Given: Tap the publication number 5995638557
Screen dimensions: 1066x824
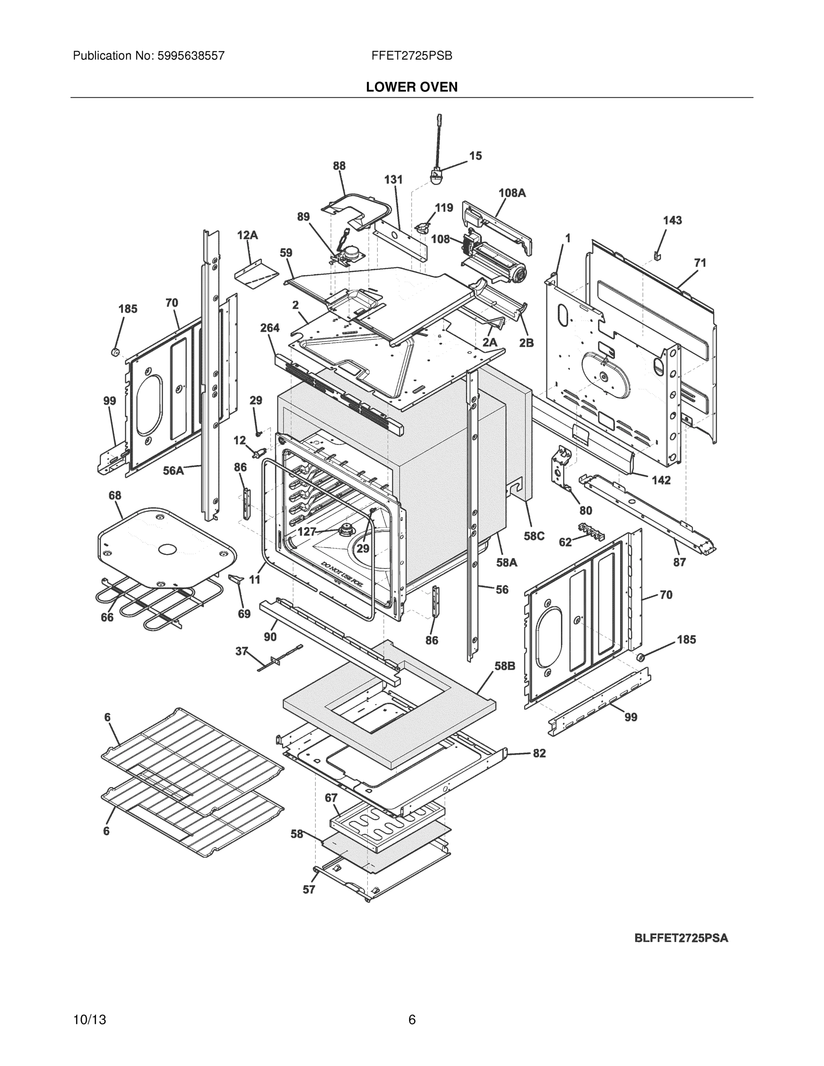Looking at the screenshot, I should pos(191,56).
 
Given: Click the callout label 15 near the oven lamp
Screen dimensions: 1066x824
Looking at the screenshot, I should pos(475,156).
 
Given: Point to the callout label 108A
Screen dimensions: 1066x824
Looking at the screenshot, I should pos(512,193).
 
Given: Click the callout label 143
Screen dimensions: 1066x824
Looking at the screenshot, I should pos(672,220).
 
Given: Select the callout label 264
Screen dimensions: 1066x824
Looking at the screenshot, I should pos(270,328).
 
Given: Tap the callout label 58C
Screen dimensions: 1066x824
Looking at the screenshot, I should pos(533,536).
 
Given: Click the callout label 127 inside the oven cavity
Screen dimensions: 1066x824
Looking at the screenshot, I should pos(307,532).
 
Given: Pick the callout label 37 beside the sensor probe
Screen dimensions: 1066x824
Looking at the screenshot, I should pos(241,651).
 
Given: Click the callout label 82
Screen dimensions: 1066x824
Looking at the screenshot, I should pos(539,753).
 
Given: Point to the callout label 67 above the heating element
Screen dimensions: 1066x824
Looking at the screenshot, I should pos(331,798).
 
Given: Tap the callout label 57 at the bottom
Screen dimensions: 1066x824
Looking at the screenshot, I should pos(309,889).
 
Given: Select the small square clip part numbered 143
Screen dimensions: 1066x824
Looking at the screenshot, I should pos(657,255).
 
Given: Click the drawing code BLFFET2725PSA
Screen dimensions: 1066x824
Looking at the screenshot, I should pos(681,938).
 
